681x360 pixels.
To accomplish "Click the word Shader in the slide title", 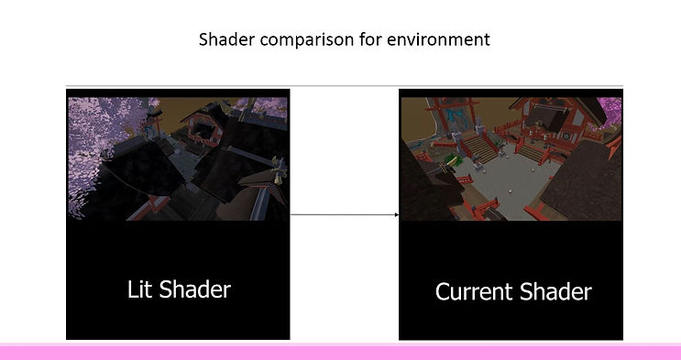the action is coord(227,39).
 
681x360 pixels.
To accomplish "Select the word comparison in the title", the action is coord(307,40).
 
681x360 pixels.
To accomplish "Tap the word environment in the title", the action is coord(438,39).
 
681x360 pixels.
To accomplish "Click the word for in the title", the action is coord(370,39).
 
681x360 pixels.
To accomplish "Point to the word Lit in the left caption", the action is coord(140,289).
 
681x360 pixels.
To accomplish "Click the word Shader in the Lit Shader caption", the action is coord(194,289).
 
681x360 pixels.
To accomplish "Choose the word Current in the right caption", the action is coord(474,291).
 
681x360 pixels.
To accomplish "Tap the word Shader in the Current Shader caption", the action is coord(555,291).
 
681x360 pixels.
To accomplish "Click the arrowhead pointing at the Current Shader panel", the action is coord(396,214).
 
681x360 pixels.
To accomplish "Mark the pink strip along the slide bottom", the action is coord(341,352).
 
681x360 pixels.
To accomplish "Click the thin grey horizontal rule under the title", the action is coord(344,86).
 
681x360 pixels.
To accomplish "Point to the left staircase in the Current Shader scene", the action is coord(480,150).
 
